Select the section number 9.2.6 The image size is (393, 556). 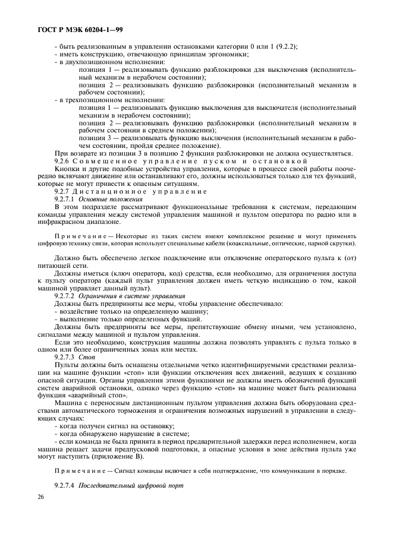tap(62, 161)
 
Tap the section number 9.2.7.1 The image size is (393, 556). tap(65, 199)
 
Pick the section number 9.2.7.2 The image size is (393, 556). tap(65, 295)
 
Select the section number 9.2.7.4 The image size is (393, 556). tap(65, 485)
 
